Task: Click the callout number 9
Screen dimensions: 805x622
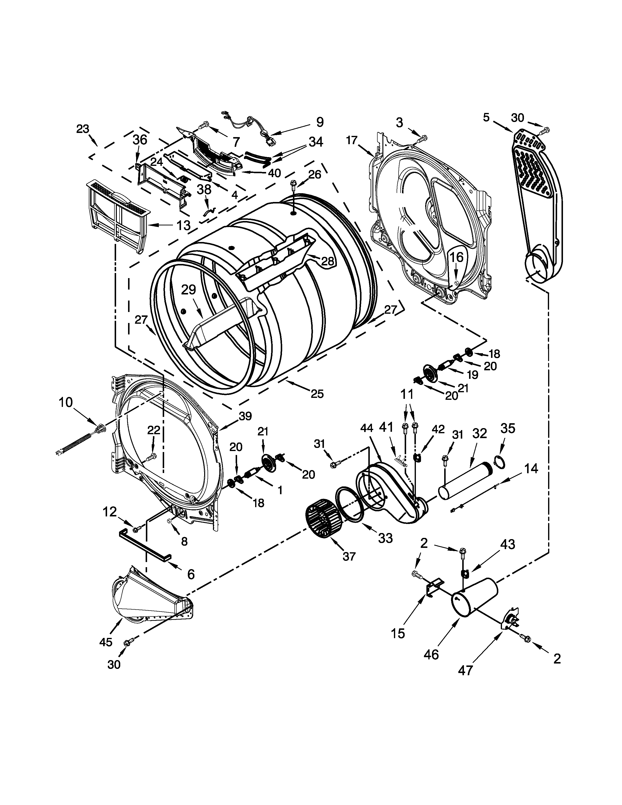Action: click(x=320, y=122)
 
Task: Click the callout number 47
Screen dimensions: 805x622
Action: click(x=465, y=670)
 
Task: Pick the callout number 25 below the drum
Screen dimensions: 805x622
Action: click(x=317, y=394)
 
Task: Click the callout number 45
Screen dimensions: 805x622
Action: click(x=106, y=642)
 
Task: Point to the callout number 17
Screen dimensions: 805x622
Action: click(x=352, y=140)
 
